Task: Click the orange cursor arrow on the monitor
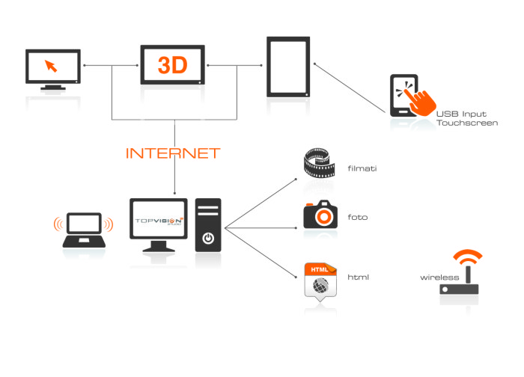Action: click(x=51, y=65)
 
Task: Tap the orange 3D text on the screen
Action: click(x=172, y=65)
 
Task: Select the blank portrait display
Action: click(x=288, y=67)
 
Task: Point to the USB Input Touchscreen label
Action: click(x=466, y=117)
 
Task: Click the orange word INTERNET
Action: click(x=173, y=153)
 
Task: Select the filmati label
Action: click(x=362, y=168)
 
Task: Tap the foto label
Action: click(x=357, y=218)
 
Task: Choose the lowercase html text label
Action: click(x=359, y=277)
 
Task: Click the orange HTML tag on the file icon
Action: click(x=317, y=269)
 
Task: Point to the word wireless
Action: click(x=439, y=277)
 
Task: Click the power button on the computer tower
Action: click(x=208, y=239)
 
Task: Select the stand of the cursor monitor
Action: click(x=52, y=88)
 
